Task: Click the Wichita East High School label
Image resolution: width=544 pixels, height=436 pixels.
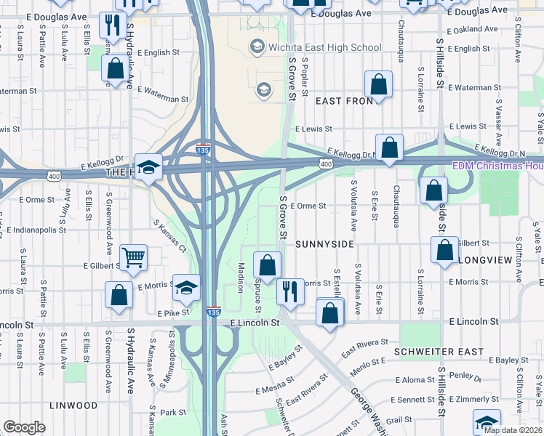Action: pos(324,48)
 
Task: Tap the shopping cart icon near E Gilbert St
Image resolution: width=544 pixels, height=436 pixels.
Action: pos(134,258)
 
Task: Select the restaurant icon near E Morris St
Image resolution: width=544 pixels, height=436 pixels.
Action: pos(290,292)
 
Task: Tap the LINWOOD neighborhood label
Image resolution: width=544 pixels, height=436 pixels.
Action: pos(74,405)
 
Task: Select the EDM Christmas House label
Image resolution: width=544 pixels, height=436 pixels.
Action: pos(497,166)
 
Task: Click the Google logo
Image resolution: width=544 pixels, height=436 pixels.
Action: pos(24,427)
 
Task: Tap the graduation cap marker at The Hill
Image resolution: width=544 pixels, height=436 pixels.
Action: pos(148,168)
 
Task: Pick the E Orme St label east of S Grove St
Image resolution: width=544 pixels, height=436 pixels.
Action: pos(308,206)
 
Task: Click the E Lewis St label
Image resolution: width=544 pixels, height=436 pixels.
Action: pos(313,128)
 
